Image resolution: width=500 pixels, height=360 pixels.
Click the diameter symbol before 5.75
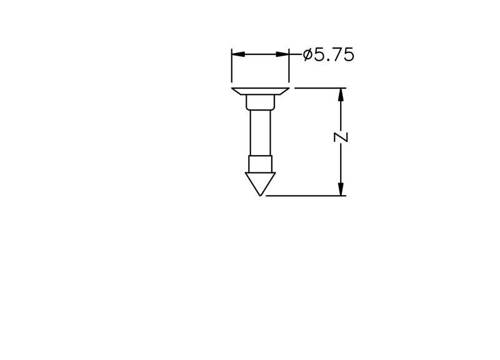(307, 54)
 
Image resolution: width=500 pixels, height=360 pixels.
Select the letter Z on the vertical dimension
(341, 137)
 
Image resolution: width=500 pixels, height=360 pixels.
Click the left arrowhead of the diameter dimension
(238, 54)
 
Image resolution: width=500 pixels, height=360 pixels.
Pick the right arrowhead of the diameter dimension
(282, 54)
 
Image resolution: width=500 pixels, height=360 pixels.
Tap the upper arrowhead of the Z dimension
(341, 94)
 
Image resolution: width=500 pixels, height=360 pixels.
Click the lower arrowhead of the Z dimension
(341, 189)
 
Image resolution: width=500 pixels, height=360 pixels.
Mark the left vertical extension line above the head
(232, 66)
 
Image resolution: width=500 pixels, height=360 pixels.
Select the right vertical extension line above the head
(289, 66)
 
